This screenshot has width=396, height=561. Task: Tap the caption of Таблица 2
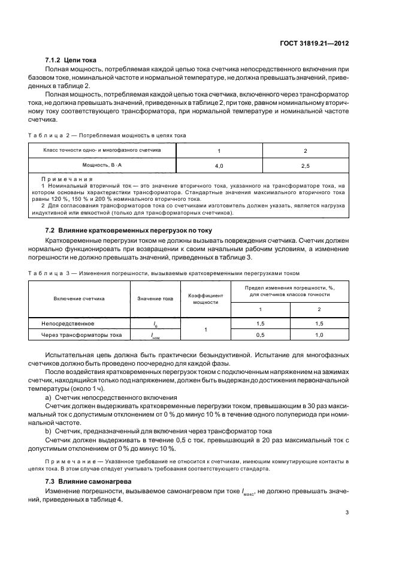click(x=107, y=135)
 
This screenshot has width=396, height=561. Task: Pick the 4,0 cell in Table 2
click(x=219, y=164)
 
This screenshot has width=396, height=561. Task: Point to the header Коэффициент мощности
click(x=205, y=298)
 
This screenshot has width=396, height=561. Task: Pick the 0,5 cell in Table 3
click(x=260, y=334)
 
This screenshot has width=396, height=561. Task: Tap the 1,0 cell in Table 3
click(x=319, y=334)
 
